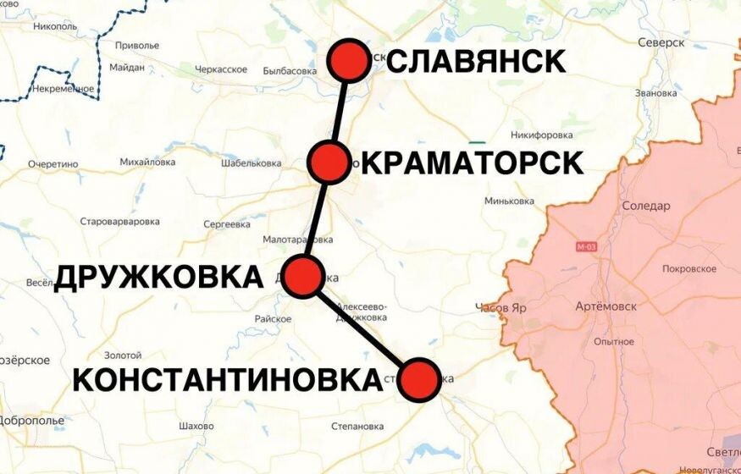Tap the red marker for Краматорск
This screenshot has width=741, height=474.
(x=329, y=162)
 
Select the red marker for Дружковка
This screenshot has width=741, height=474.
(x=304, y=277)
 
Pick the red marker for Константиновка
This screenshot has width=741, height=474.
(x=419, y=379)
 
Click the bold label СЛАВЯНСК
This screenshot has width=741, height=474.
(x=477, y=61)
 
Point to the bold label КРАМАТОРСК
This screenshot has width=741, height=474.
(x=473, y=163)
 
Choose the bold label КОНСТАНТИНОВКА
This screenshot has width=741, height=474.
(x=227, y=379)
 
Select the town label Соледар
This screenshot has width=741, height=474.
(x=645, y=206)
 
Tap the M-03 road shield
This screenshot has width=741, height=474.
(x=586, y=247)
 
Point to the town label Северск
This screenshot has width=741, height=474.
(x=661, y=42)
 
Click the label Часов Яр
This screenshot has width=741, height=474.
(x=500, y=308)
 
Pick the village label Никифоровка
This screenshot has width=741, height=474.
(x=542, y=135)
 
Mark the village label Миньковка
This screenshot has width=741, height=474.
(x=509, y=201)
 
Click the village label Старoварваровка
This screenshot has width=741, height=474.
(x=119, y=222)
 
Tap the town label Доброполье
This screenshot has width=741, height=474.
(x=31, y=420)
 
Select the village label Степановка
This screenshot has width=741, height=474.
(x=357, y=426)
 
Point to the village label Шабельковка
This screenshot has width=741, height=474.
(x=251, y=163)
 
